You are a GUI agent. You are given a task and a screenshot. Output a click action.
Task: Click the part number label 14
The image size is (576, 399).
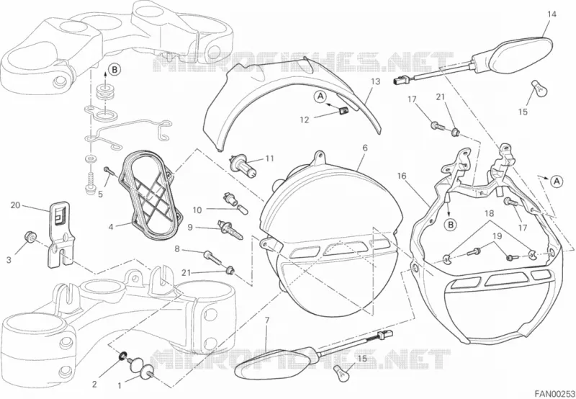[x=552, y=14]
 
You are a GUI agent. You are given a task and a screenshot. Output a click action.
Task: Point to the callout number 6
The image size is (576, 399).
[x=365, y=148]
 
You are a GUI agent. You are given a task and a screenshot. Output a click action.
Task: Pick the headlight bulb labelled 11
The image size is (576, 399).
[x=243, y=165]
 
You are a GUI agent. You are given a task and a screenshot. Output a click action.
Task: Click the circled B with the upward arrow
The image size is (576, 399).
[x=114, y=69]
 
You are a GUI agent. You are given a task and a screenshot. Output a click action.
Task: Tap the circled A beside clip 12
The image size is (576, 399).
[x=320, y=97]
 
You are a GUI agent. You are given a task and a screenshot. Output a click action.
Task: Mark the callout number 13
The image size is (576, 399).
[x=375, y=81]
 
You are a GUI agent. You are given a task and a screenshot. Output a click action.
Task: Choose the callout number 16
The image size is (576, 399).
[x=402, y=176]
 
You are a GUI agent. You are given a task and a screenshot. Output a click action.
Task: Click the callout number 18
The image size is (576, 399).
[x=489, y=212]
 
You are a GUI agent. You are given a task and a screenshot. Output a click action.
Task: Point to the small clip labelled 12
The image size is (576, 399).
[x=343, y=110]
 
